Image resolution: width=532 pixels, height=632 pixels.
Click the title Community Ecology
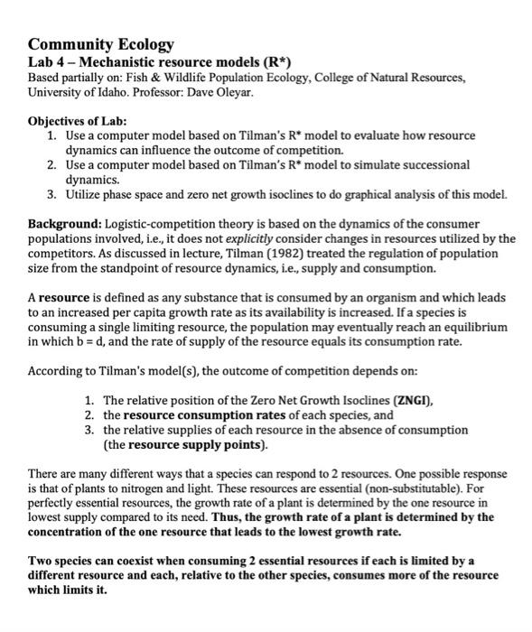pos(101,44)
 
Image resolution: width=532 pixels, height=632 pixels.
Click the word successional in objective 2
pos(434,165)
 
